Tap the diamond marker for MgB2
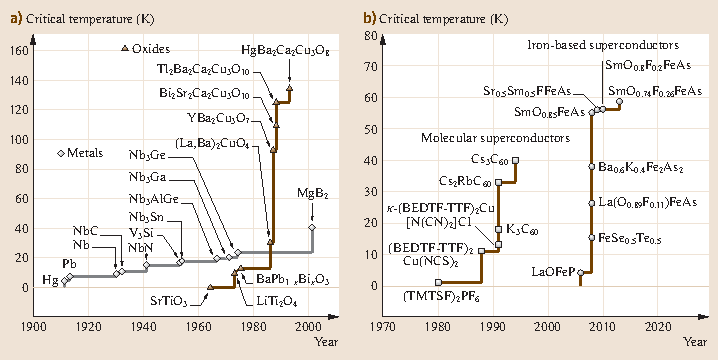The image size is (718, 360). click(x=312, y=228)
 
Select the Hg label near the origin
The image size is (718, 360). click(x=50, y=279)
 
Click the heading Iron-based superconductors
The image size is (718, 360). click(x=603, y=46)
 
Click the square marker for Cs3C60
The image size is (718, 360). click(x=515, y=160)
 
